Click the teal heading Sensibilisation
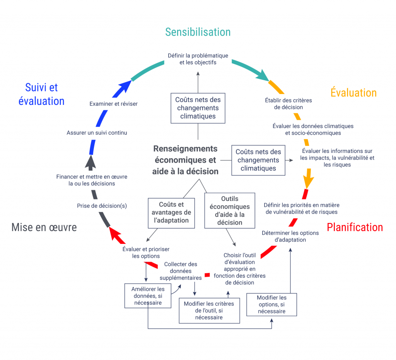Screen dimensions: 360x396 point(198,32)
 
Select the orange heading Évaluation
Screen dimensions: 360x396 point(353,93)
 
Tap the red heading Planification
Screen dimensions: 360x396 point(355,227)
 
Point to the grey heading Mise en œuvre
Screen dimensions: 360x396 point(44,227)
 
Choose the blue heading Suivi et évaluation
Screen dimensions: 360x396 point(41,94)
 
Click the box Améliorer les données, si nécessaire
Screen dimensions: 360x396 point(148,296)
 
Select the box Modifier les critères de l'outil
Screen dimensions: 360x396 point(209,310)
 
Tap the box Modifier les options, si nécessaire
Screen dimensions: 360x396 point(271,304)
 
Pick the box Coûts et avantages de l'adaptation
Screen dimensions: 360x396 point(171,213)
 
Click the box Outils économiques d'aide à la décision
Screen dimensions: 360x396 point(230,211)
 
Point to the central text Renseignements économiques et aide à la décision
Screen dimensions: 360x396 point(185,160)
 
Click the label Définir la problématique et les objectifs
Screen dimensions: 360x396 point(198,59)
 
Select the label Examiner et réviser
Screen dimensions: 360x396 point(113,104)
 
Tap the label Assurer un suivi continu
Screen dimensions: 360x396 point(97,132)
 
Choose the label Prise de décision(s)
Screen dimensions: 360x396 point(102,206)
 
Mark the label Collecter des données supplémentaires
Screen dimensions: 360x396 point(181,271)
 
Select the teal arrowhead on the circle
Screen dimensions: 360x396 point(264,75)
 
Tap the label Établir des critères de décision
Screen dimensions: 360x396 point(288,104)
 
